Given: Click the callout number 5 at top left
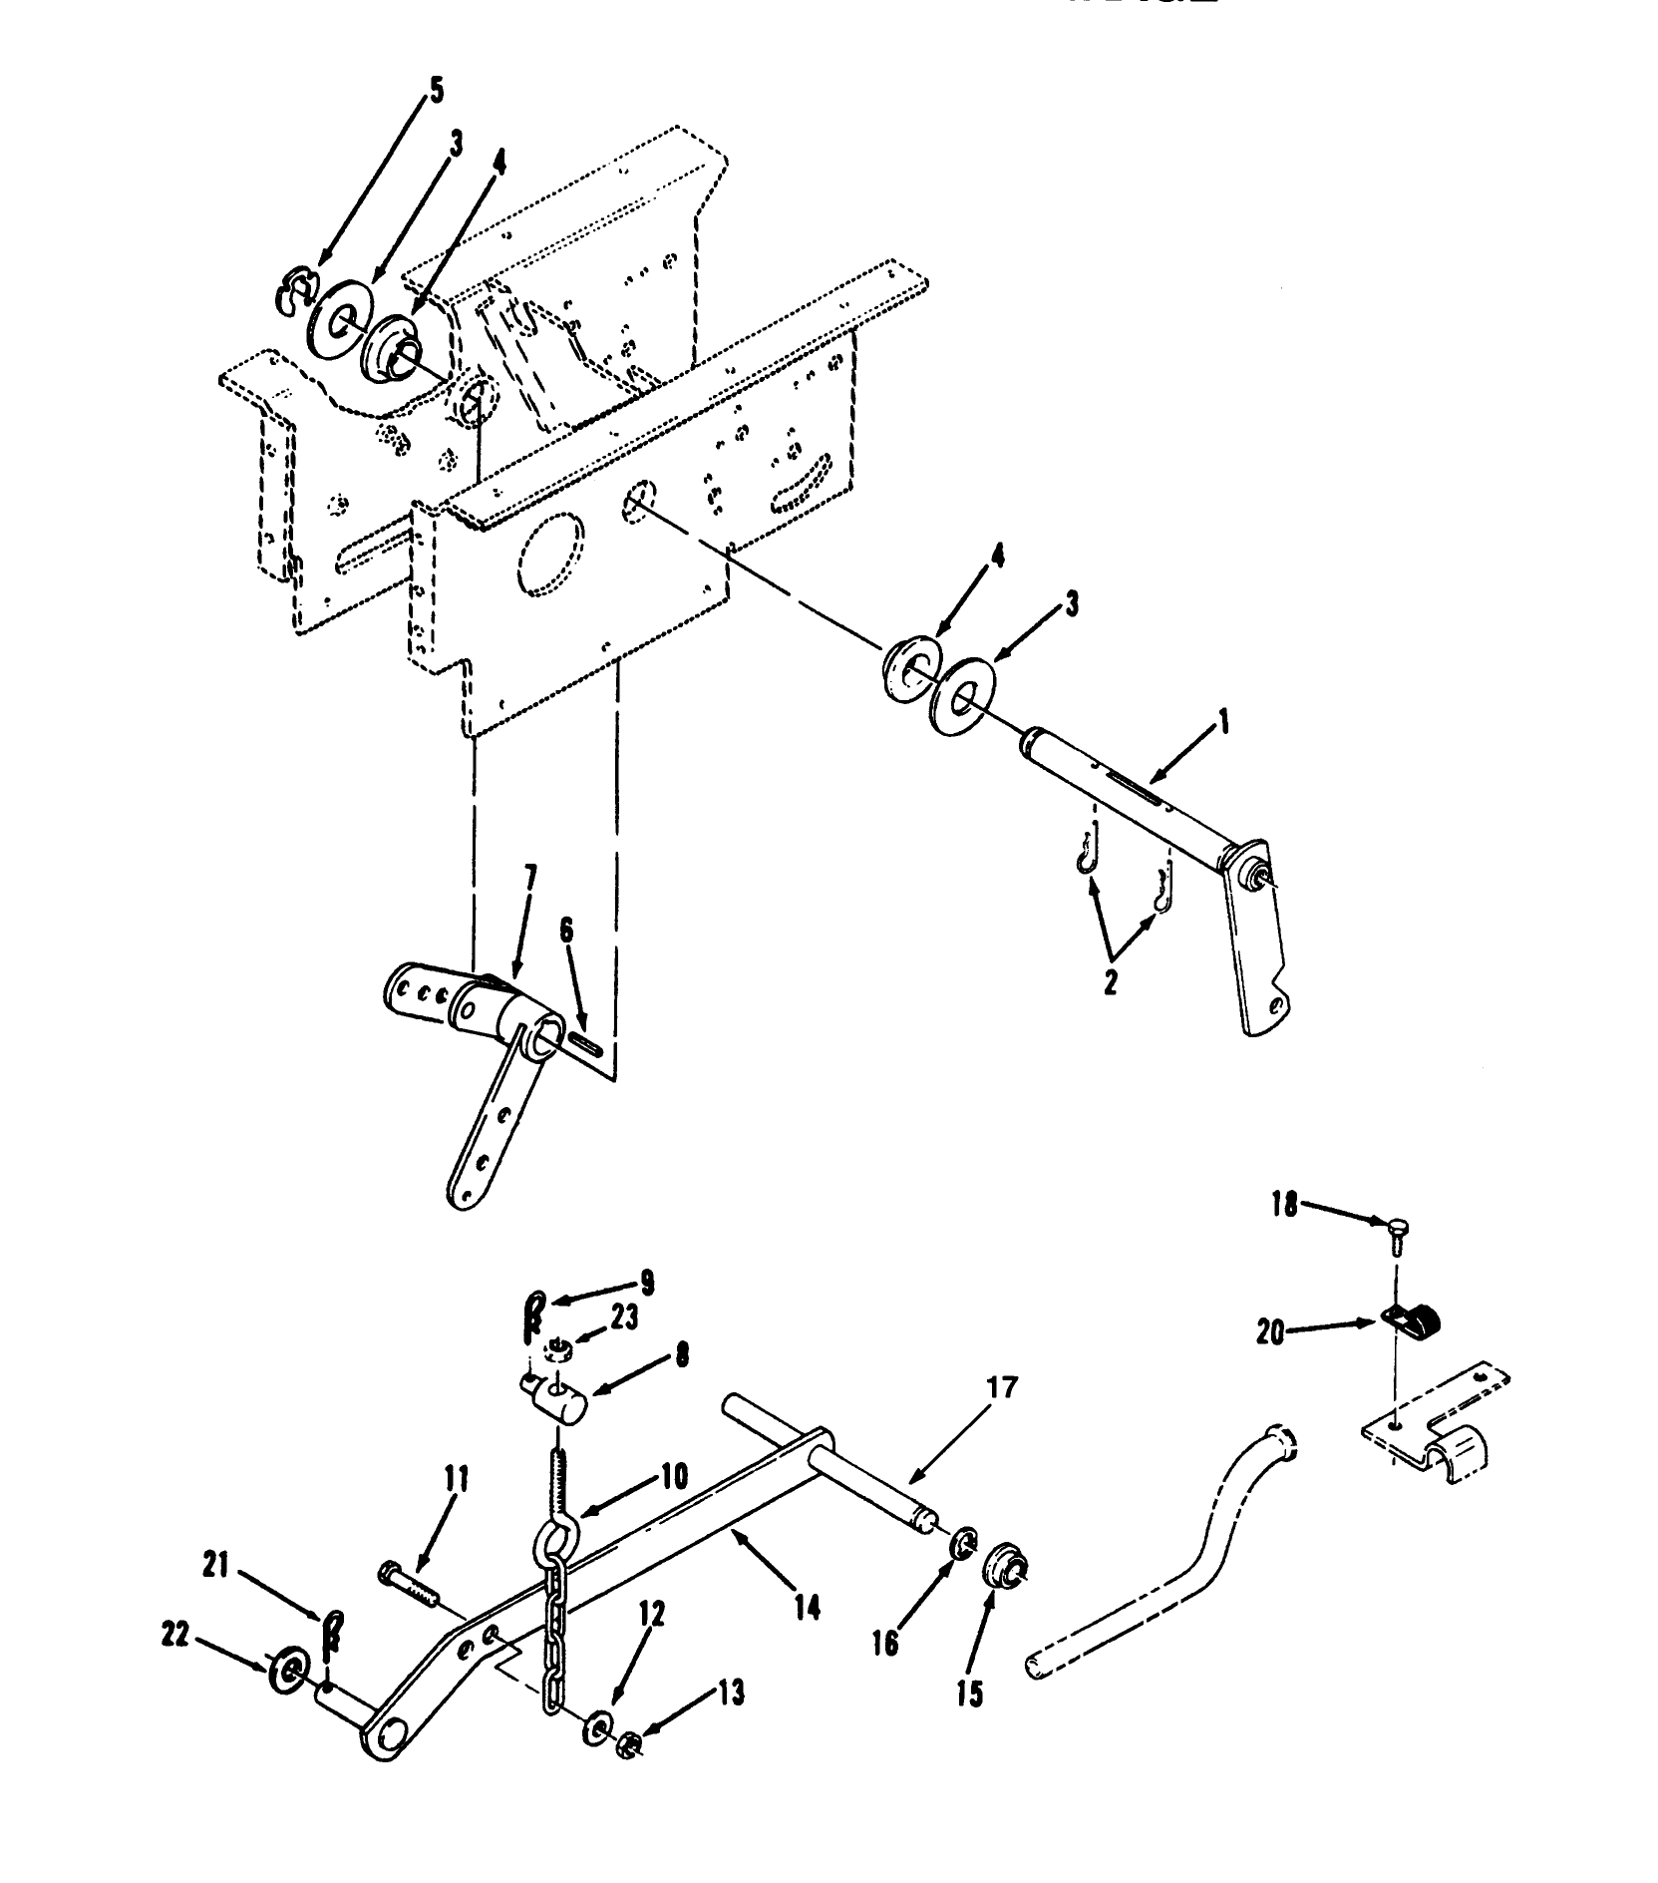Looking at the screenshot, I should (x=436, y=91).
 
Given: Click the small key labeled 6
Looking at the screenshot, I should (x=586, y=1044).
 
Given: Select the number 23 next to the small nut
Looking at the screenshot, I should (x=623, y=1318).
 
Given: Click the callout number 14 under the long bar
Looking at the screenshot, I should (x=807, y=1607).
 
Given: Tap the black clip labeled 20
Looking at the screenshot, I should (x=1414, y=1322).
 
